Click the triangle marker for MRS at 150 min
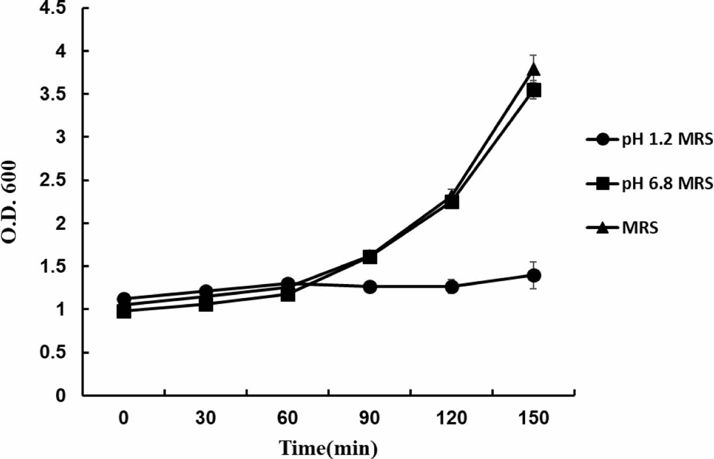tap(533, 69)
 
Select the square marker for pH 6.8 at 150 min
tap(533, 90)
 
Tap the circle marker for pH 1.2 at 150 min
tap(533, 275)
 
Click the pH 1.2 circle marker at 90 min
tap(370, 287)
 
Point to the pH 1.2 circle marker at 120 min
tap(452, 287)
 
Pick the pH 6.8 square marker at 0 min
tap(124, 311)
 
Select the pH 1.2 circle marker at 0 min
tap(124, 299)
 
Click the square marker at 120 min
tap(452, 202)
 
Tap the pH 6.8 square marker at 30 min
tap(206, 304)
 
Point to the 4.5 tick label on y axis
tap(59, 9)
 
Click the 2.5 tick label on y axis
tap(59, 180)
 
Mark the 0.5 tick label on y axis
tap(59, 352)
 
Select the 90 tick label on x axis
tap(370, 418)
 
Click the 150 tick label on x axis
tap(533, 418)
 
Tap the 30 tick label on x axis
tap(206, 418)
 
